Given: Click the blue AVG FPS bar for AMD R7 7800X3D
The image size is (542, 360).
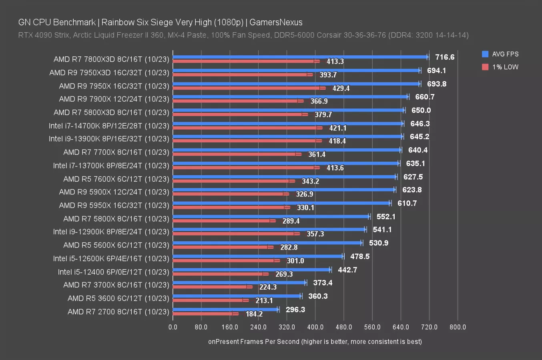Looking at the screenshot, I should (300, 57).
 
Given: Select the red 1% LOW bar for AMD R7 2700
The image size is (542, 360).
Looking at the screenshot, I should (204, 314).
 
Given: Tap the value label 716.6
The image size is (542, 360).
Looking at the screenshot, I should (445, 57).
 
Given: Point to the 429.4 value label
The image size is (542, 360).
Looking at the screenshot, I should (341, 88).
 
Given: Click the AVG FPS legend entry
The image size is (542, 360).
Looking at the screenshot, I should (500, 54).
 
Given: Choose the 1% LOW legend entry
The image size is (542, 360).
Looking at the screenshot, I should (500, 67).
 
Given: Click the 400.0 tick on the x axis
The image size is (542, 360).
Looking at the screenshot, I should (315, 327).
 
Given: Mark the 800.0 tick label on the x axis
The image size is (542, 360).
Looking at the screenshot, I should (458, 327).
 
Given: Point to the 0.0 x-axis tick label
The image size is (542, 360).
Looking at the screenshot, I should (173, 327).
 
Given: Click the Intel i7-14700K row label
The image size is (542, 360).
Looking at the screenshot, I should (109, 126).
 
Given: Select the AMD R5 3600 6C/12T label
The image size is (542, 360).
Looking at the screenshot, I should (118, 298).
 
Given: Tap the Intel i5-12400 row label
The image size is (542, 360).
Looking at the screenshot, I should (113, 272).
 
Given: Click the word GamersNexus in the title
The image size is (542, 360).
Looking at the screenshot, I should (276, 22).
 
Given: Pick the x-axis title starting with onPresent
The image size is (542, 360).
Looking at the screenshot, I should (315, 342).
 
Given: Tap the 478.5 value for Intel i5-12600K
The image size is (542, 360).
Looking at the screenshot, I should (360, 256).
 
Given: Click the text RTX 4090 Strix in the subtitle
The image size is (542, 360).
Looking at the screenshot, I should (44, 35).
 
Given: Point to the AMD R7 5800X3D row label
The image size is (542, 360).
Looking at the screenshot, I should (111, 112).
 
